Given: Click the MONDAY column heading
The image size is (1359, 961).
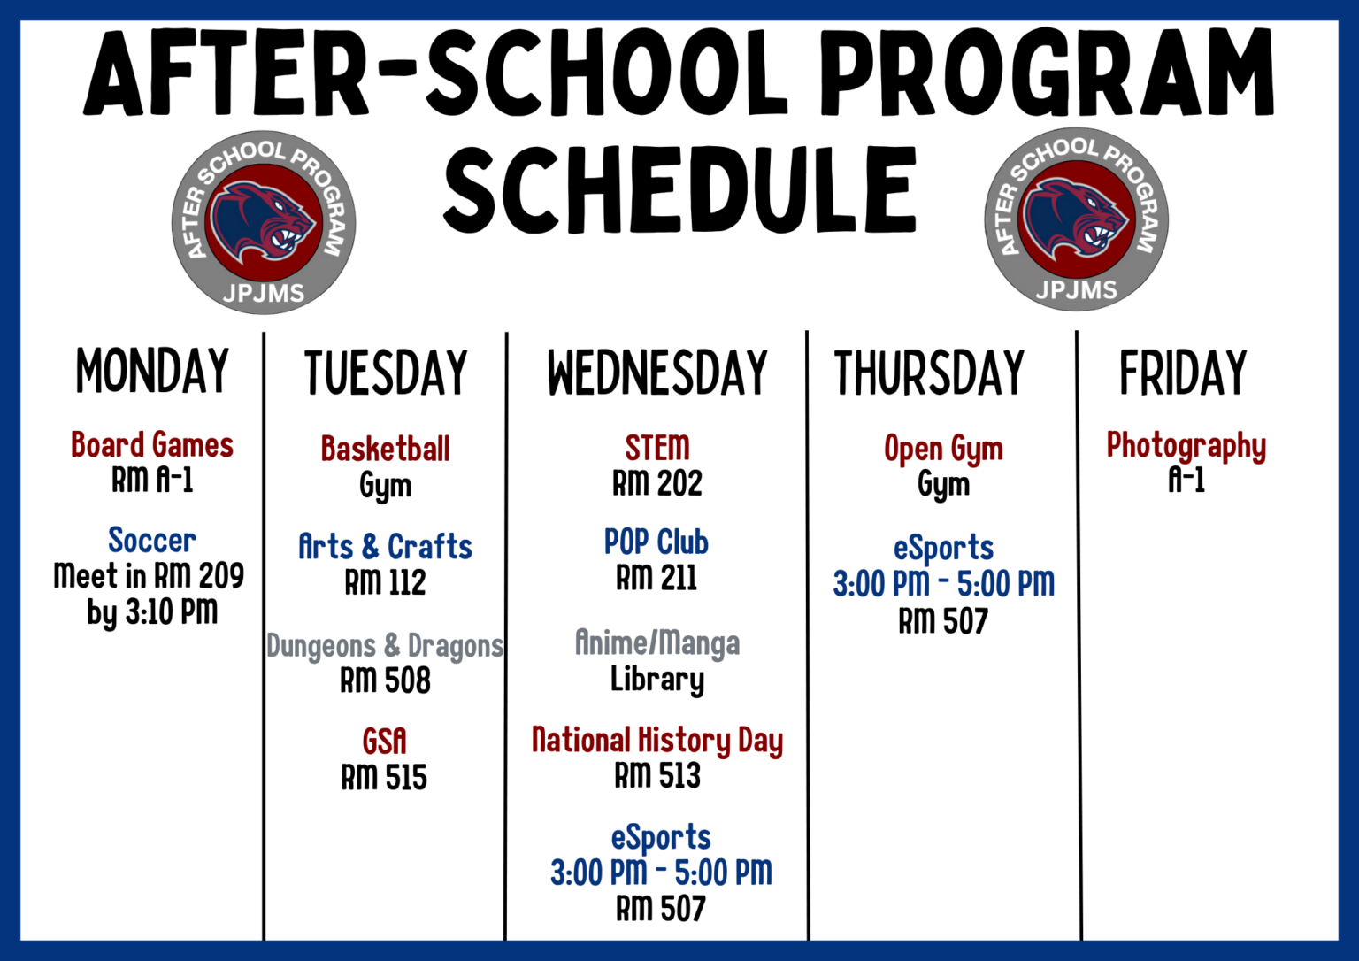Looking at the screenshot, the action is coord(152,371).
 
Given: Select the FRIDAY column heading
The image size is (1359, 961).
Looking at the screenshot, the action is coord(1183,373).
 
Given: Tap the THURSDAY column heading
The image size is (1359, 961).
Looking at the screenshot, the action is coord(929,373).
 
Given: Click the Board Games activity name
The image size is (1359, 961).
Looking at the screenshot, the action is coord(152,445).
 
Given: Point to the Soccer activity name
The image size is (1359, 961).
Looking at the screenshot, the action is coord(152,540).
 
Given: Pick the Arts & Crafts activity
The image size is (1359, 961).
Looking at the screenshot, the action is coord(385,546).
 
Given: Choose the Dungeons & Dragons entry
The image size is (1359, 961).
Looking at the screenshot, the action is coord(385,646).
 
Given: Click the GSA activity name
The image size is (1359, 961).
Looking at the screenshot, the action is coord(385,742).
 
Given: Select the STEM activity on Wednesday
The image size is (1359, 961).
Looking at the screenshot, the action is coord(657,448).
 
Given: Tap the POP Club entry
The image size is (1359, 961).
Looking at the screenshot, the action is coord(656,542).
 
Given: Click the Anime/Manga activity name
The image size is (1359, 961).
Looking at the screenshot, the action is coord(657,643).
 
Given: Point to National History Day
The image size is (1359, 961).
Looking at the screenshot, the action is coord(657,741).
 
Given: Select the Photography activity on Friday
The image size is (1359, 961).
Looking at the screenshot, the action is coord(1186,447).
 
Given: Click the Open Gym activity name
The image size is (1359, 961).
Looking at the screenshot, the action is coord(943,450).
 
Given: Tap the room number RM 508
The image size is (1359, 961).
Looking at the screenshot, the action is coord(385,680).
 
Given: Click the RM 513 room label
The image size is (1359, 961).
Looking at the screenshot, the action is coord(657,775).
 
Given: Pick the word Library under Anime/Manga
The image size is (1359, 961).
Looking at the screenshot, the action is coord(657,680).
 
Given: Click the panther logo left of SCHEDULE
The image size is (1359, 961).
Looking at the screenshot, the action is coord(264,223).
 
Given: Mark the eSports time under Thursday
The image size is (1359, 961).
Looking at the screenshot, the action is coord(943,584).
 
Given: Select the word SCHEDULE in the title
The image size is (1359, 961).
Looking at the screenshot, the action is coord(679,189).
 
